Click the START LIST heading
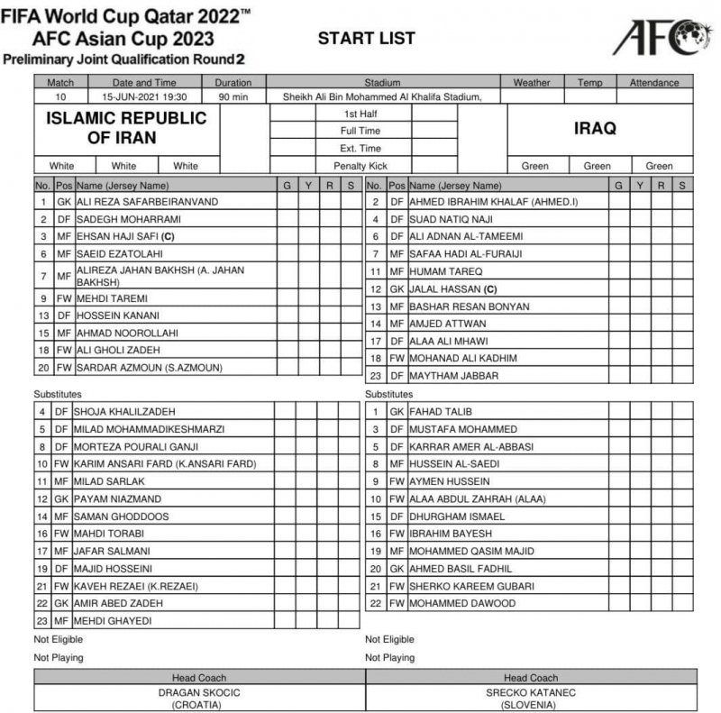coord(366,38)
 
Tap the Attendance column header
coord(654,83)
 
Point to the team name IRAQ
coord(595,129)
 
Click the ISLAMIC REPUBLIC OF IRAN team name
coord(126,128)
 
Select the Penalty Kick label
coord(360,166)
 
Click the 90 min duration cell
coord(233,96)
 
